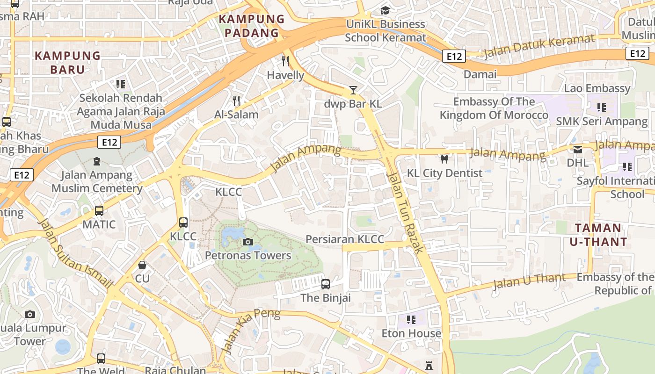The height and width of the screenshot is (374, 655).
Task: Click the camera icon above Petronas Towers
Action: [248, 242]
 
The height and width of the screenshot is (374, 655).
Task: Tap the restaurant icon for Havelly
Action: [285, 61]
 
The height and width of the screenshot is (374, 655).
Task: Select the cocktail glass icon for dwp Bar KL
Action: [353, 90]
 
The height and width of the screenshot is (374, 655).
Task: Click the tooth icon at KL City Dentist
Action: [444, 159]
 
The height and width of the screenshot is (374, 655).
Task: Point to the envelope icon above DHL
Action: [578, 150]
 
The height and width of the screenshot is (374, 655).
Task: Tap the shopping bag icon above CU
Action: [142, 265]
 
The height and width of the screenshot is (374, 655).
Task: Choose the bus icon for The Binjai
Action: [326, 284]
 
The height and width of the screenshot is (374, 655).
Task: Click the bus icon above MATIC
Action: [99, 211]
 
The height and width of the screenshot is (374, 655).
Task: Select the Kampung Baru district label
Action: [67, 63]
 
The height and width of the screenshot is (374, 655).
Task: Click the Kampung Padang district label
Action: [252, 26]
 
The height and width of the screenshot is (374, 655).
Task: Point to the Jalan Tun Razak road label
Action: [405, 212]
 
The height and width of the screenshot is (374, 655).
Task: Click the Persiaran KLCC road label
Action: [345, 239]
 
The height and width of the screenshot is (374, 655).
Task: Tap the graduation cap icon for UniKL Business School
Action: [385, 10]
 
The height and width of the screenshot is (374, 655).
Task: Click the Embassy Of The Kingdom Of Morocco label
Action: [494, 108]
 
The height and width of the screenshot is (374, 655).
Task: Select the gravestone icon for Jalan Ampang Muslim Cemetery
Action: [97, 161]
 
